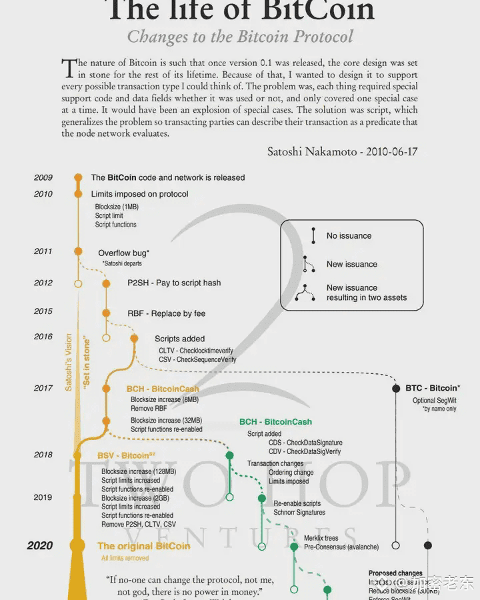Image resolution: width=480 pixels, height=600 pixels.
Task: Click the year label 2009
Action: tap(43, 178)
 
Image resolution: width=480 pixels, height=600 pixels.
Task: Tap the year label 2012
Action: tap(43, 283)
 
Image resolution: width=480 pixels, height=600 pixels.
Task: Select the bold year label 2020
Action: tap(40, 546)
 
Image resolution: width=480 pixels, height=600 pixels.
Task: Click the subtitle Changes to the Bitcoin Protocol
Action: tap(240, 36)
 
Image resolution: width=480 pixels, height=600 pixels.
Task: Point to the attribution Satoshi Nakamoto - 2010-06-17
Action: tap(342, 151)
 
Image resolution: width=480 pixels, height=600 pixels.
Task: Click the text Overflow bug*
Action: tap(124, 253)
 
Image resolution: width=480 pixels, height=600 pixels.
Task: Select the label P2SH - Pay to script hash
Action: tap(174, 283)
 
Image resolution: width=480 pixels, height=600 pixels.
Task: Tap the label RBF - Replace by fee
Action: tap(167, 313)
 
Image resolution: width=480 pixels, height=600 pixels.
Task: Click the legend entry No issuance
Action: tap(349, 236)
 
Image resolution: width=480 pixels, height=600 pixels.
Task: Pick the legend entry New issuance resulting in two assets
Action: tap(366, 293)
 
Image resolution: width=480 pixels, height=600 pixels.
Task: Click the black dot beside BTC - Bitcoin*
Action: tap(396, 388)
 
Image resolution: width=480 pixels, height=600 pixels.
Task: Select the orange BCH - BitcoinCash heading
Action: tap(163, 389)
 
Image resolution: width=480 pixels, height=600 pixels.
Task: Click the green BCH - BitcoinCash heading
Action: tap(275, 422)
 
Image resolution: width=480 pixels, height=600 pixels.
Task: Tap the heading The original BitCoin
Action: tap(143, 547)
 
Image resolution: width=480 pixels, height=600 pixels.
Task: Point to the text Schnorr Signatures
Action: tap(299, 513)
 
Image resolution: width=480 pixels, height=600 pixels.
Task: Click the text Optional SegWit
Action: tap(435, 401)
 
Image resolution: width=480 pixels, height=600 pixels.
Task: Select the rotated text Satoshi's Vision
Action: tap(69, 362)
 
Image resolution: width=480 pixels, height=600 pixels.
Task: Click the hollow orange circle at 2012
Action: tap(78, 284)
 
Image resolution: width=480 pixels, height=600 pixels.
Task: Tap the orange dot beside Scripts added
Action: tap(134, 339)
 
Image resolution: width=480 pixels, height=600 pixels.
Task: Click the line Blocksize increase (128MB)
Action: tap(139, 471)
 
